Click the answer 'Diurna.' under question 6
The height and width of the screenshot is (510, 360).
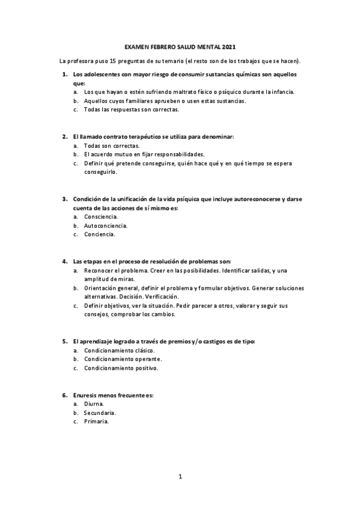(94, 404)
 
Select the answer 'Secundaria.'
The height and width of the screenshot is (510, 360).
(100, 413)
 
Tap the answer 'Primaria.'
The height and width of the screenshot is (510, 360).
(96, 422)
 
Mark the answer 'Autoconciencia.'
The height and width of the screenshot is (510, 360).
(106, 226)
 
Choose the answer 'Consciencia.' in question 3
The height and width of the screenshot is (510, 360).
(101, 217)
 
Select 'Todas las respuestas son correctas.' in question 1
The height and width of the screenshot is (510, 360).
(132, 109)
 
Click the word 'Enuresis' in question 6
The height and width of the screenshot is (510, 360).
(86, 395)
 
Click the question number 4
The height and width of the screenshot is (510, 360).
(64, 262)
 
